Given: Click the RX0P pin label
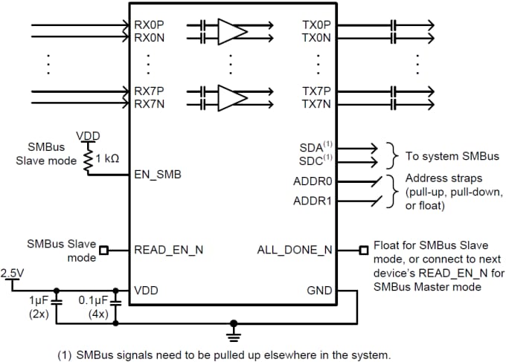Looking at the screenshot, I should click(149, 25).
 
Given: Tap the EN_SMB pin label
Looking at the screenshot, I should click(158, 175).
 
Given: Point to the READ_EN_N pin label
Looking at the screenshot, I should click(169, 251).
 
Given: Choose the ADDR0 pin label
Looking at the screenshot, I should click(312, 181).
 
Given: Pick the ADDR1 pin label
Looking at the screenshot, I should click(312, 200).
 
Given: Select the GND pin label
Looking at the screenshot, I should click(319, 291).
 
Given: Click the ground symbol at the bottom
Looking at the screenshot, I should click(235, 327).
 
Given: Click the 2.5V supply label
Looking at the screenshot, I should click(13, 273).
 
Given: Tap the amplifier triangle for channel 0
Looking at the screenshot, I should click(231, 30).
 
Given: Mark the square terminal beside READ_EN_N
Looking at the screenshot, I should click(103, 251).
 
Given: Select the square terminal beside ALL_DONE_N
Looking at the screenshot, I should click(362, 251).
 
